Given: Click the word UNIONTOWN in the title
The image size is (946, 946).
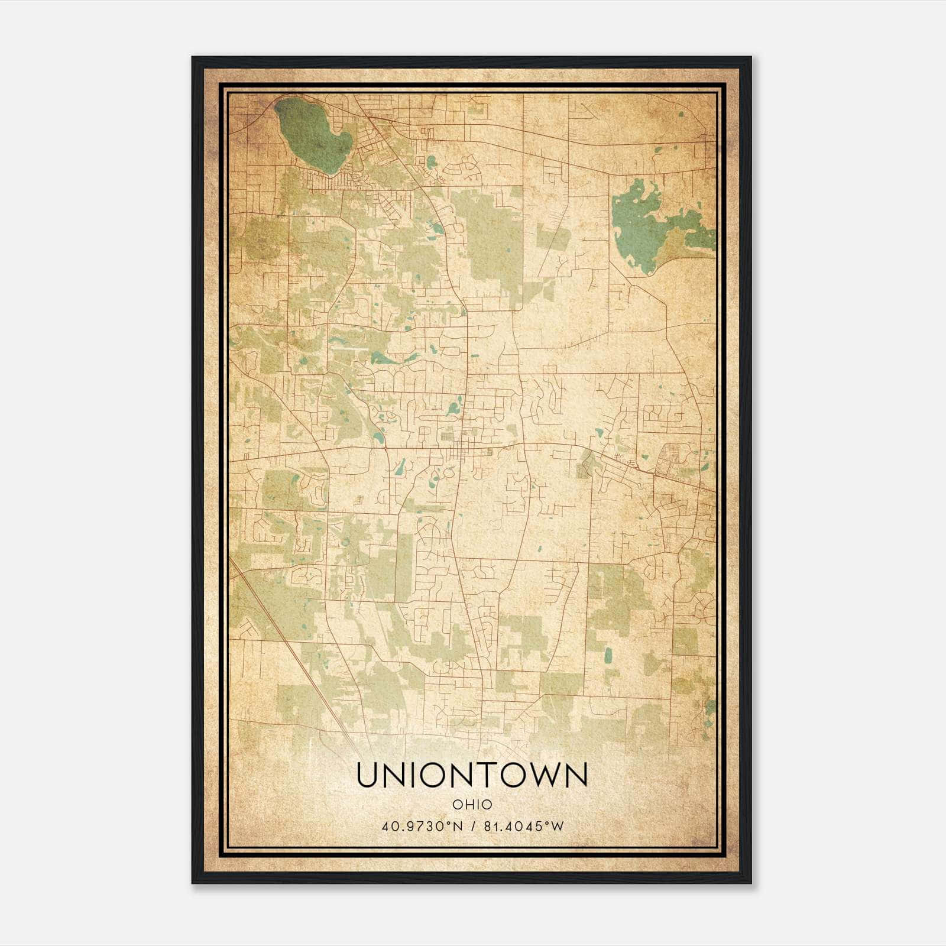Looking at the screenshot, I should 472,776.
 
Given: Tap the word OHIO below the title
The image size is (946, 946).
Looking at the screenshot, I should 472,804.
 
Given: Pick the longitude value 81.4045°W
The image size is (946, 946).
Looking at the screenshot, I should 524,826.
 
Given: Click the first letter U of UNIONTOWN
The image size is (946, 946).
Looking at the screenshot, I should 368,776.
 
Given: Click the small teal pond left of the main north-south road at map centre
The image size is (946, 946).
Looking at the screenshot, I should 454,407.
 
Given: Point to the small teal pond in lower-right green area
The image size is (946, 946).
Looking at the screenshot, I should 608,655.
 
